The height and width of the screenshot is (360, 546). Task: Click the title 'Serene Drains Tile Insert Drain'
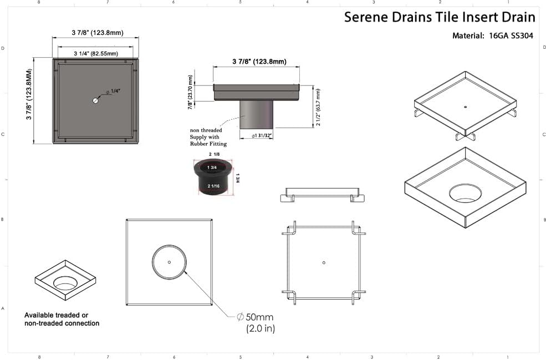click(x=440, y=17)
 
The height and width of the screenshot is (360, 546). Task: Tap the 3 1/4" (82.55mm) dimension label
click(x=95, y=53)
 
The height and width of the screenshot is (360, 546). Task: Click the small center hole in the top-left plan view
click(x=95, y=101)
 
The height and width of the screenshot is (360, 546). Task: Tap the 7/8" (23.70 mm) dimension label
click(x=190, y=93)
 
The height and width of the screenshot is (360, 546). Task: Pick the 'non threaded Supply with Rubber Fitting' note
click(x=208, y=137)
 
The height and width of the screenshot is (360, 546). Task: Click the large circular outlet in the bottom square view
click(x=169, y=261)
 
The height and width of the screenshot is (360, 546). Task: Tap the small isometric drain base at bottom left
click(x=65, y=280)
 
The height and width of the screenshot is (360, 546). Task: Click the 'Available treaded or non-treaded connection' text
click(x=62, y=319)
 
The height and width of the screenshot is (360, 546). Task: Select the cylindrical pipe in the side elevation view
click(x=256, y=113)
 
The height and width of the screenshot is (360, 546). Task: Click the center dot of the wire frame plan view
click(x=323, y=261)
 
